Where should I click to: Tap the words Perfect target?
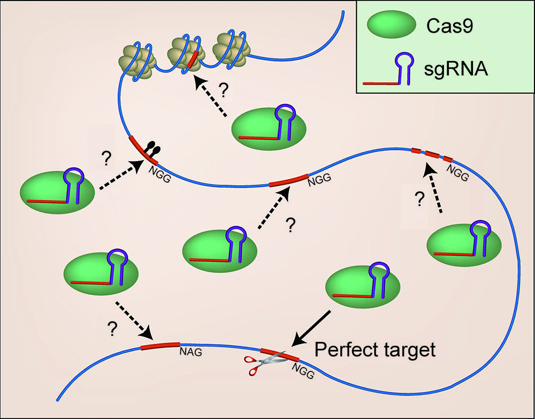click(x=374, y=350)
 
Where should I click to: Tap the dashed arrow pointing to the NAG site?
click(x=134, y=323)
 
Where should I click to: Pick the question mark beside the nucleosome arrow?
click(x=224, y=89)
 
